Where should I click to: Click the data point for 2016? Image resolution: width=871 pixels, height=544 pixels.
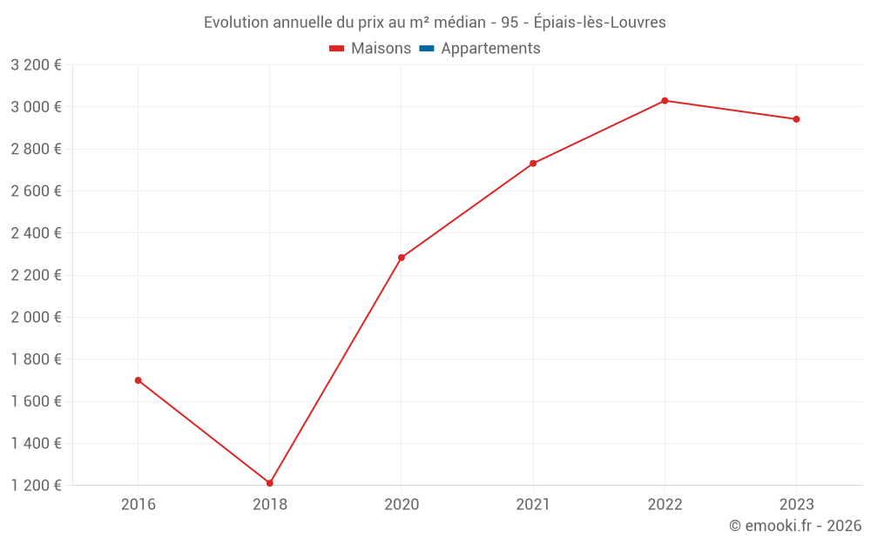138,380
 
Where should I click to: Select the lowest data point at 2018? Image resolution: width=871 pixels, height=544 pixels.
270,483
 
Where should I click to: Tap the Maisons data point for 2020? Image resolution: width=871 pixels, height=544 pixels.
402,258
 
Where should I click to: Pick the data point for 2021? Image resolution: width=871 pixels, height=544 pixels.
533,164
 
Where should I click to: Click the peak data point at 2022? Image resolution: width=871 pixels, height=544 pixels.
665,101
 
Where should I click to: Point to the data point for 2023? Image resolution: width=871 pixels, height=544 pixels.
796,119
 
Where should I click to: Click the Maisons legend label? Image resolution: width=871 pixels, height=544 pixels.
381,49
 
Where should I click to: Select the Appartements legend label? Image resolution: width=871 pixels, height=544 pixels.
490,49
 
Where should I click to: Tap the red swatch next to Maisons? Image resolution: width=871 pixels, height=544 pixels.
337,49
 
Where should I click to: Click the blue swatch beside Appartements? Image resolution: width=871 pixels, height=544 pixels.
427,49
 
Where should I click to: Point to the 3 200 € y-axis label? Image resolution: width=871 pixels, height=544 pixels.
36,65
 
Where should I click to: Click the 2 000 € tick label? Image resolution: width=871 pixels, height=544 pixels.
36,318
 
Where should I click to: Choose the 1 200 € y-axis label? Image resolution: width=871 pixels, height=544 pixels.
36,486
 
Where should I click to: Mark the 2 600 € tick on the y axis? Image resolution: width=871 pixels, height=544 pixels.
36,191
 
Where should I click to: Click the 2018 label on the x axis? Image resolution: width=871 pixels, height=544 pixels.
270,504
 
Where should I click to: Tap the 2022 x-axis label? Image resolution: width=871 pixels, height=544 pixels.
665,504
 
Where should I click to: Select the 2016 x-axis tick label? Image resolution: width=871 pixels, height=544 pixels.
138,504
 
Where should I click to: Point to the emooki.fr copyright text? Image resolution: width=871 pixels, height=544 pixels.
795,526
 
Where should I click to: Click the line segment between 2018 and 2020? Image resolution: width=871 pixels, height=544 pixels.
335,371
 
